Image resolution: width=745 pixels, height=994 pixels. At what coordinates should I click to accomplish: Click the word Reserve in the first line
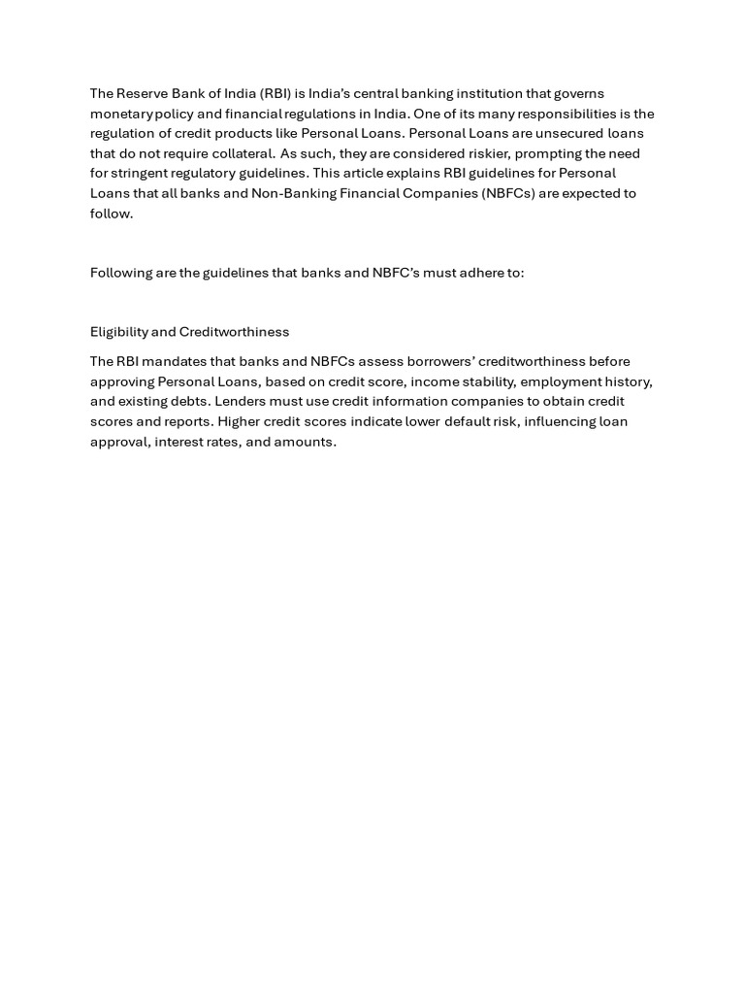(145, 93)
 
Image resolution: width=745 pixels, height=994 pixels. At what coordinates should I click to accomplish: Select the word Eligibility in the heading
(119, 332)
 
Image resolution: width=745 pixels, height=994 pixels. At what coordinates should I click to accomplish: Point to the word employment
(557, 381)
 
